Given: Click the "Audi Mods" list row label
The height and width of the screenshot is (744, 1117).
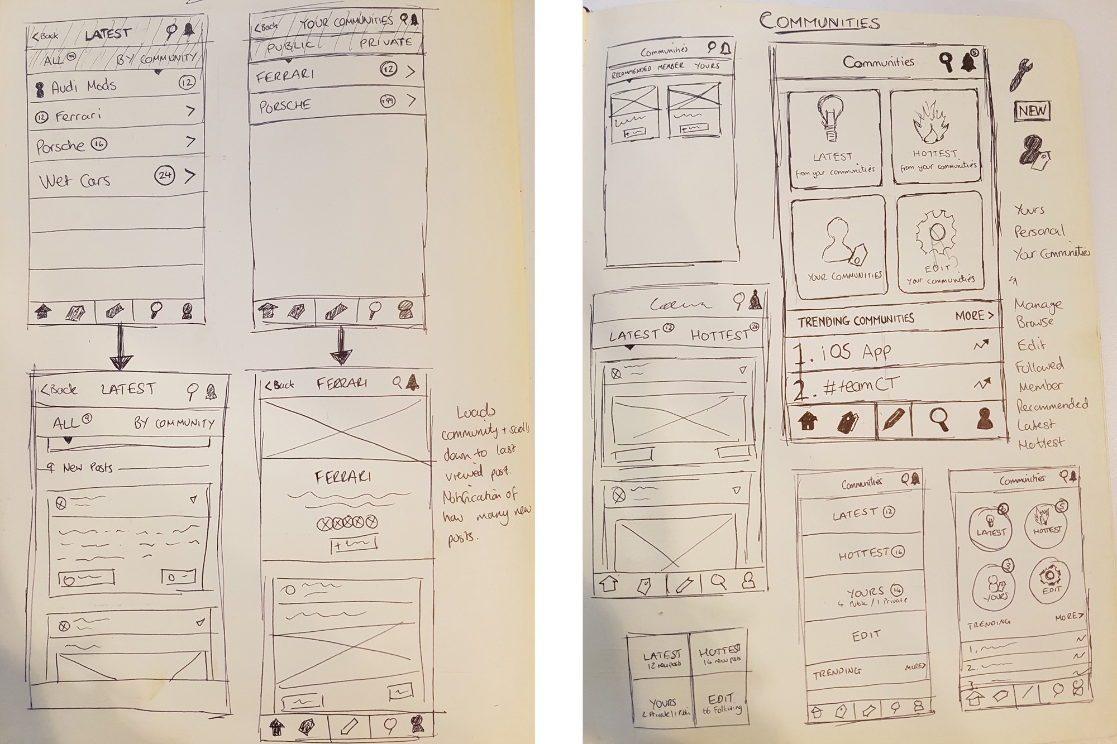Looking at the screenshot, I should (84, 87).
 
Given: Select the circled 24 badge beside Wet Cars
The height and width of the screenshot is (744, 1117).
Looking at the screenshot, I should (165, 175).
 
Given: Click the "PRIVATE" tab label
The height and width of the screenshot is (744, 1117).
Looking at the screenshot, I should (385, 42).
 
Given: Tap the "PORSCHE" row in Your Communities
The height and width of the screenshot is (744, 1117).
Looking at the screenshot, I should (285, 105).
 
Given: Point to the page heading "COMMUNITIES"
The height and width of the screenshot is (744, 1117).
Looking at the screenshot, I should (819, 22).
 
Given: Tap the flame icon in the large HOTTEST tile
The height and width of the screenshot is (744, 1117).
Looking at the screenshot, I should (930, 124).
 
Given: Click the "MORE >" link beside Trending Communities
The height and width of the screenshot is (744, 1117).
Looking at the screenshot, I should (974, 315).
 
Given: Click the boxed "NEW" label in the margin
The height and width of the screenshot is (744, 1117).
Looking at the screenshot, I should (1032, 111).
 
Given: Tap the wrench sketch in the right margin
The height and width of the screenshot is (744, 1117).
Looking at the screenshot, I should (1021, 74).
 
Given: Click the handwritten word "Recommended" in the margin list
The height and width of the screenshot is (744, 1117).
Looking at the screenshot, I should (1052, 404).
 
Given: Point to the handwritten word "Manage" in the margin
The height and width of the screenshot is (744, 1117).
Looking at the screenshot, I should (1038, 304).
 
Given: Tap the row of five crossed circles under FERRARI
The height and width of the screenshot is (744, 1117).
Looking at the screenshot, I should (347, 523).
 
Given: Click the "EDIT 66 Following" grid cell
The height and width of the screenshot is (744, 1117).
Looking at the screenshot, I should (721, 704).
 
